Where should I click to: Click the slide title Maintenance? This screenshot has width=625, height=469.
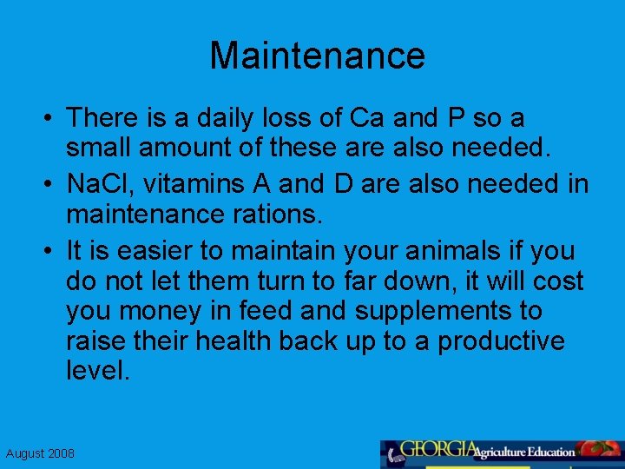317,56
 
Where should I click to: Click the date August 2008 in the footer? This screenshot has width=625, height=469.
40,453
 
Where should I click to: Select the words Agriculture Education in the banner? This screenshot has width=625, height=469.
524,452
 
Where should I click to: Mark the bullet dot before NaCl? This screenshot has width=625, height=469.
50,185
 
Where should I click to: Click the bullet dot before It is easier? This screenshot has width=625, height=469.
50,252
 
